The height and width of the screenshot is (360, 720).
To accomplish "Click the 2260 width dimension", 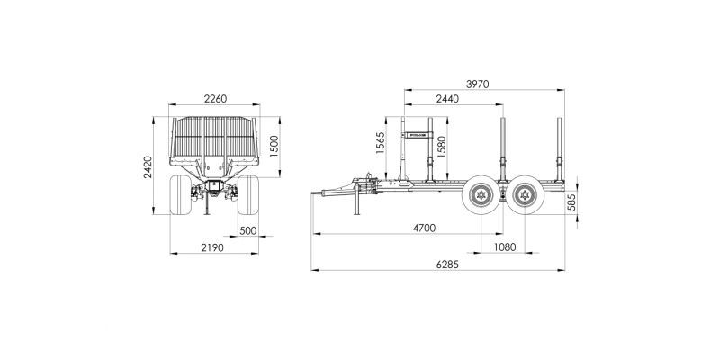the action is (215, 99).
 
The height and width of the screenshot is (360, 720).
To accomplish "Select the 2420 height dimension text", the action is (148, 167).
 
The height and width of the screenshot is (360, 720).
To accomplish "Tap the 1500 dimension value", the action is (274, 147).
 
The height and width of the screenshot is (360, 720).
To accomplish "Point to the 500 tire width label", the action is (248, 230).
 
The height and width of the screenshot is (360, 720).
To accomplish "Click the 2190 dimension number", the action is (212, 248).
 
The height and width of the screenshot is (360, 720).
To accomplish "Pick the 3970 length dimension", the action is (478, 84).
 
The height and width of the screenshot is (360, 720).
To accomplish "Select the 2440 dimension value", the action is (447, 99).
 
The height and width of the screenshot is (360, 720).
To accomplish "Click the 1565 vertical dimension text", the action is (380, 143).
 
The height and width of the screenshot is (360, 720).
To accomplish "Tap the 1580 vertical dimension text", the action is (441, 147).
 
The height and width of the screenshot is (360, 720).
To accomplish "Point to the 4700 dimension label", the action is (424, 229).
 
